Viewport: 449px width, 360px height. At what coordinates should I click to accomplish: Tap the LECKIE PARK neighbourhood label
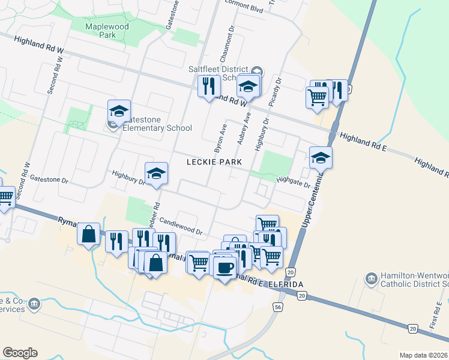coord(214,162)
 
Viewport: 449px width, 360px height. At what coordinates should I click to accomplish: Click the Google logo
coord(20,353)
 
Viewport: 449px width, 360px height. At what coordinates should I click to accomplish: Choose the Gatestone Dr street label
coord(50,179)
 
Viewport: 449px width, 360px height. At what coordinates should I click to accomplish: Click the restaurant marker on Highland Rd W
coord(209,87)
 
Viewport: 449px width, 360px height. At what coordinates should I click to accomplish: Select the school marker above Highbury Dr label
coord(156,173)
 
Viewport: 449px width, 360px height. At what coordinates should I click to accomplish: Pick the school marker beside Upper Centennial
coord(321,158)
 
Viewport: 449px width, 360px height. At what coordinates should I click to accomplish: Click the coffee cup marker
coord(225,268)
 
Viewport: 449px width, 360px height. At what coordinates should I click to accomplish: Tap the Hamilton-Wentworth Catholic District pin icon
coord(371,278)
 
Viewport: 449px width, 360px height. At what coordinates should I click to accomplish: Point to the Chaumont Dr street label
coord(229,46)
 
